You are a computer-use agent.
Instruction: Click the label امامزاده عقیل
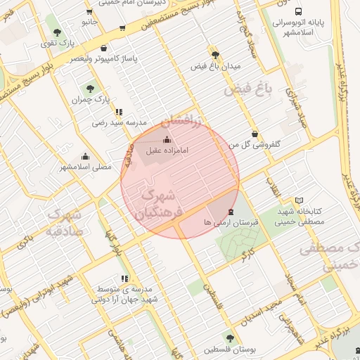tap(167, 150)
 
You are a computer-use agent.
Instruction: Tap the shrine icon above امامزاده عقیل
tap(167, 139)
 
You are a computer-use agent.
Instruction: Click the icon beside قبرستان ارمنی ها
tap(231, 212)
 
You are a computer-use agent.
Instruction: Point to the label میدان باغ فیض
tap(216, 66)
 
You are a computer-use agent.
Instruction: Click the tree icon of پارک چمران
tap(89, 88)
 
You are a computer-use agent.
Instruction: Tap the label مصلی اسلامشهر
tap(86, 167)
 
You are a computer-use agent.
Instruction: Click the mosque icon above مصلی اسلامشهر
tap(86, 156)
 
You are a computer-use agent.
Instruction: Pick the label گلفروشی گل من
tap(255, 144)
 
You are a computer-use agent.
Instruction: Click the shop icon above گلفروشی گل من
tap(254, 133)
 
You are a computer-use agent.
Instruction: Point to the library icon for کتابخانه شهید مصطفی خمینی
tap(300, 200)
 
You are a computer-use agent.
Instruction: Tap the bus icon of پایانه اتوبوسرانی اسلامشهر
tap(299, 12)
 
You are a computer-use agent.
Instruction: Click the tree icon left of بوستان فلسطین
tap(229, 338)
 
